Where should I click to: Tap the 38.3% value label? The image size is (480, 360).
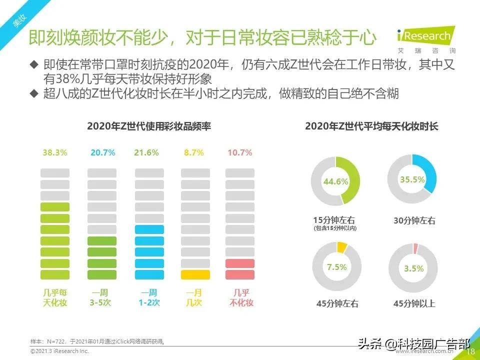54,153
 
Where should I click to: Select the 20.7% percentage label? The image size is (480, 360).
102,153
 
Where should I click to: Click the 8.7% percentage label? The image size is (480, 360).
193,153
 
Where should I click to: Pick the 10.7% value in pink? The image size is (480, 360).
240,153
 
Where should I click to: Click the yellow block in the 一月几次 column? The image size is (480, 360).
195,274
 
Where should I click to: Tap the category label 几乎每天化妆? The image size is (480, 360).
54,297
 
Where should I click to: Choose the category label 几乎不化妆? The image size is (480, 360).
240,297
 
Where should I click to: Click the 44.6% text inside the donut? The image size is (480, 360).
335,181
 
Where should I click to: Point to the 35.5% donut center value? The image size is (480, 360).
412,179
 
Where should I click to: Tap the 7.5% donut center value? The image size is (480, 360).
336,267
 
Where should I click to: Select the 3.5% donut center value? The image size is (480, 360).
413,268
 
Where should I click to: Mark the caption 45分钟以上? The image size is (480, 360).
414,303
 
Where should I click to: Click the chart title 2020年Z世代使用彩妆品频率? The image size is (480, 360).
149,126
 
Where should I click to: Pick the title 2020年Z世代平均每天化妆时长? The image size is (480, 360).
371,126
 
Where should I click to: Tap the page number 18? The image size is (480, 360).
470,352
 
